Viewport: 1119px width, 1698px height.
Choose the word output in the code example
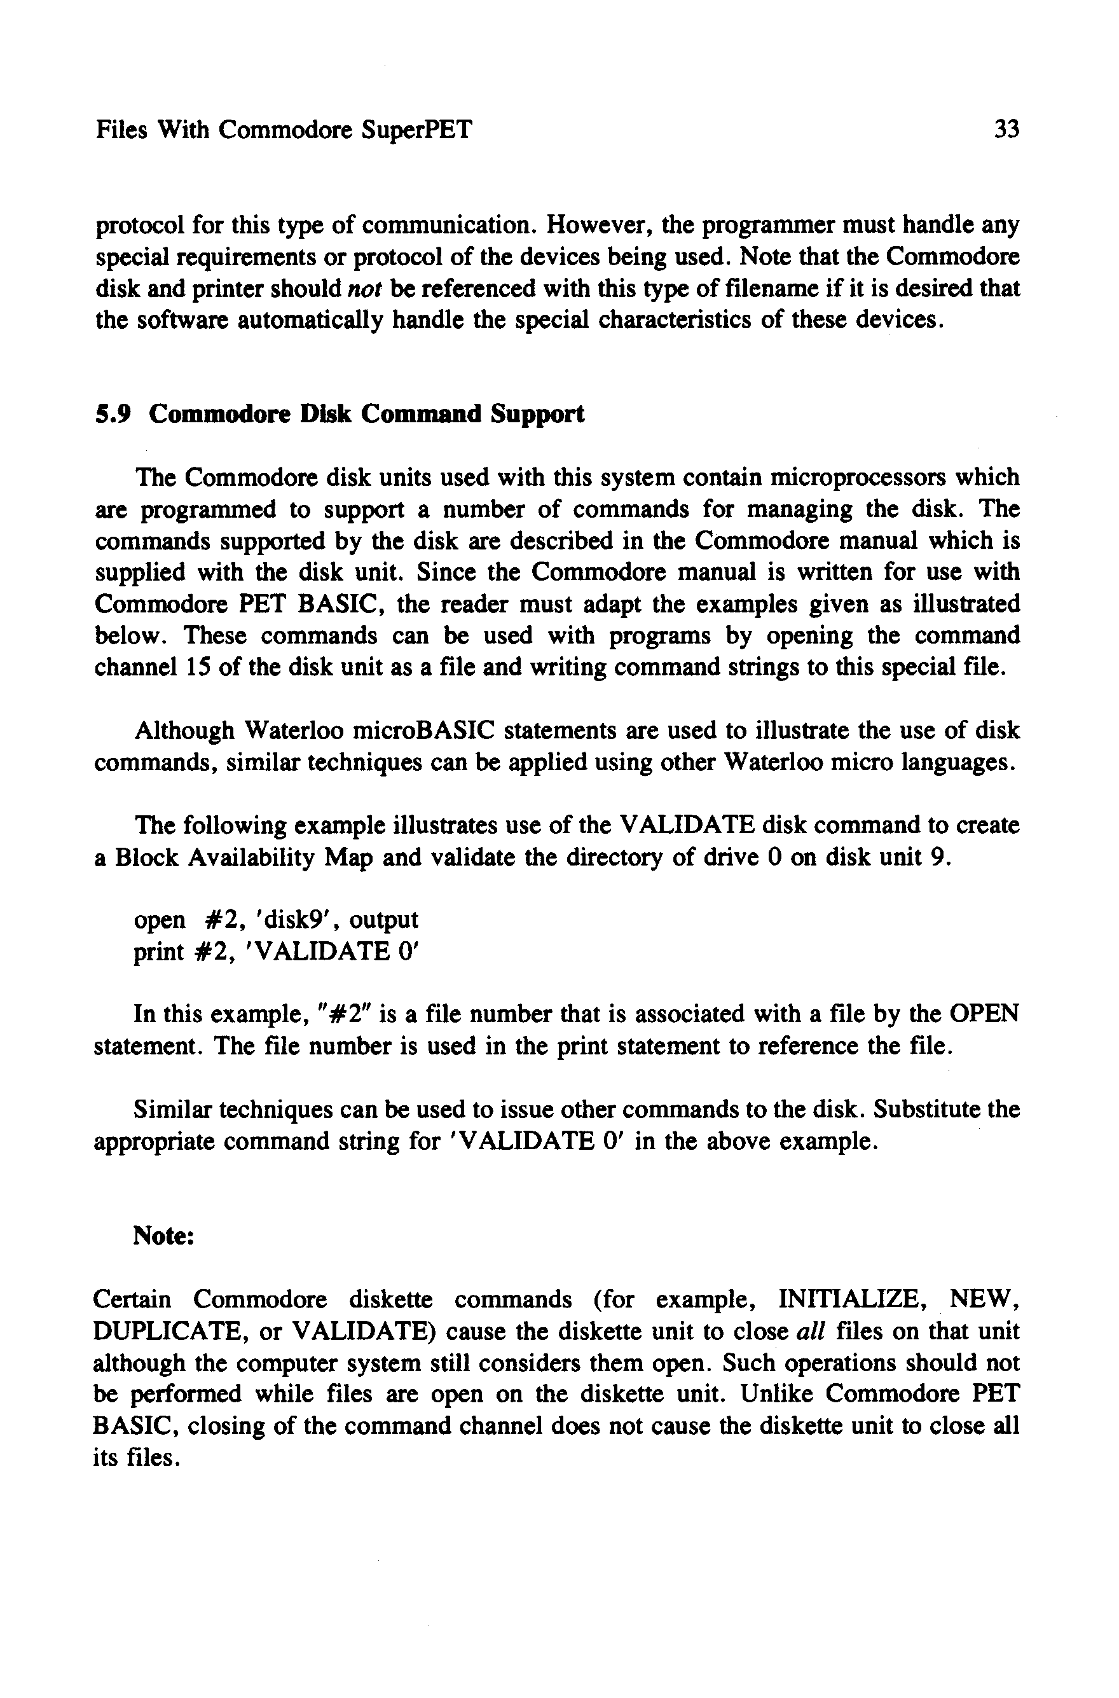coord(383,920)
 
